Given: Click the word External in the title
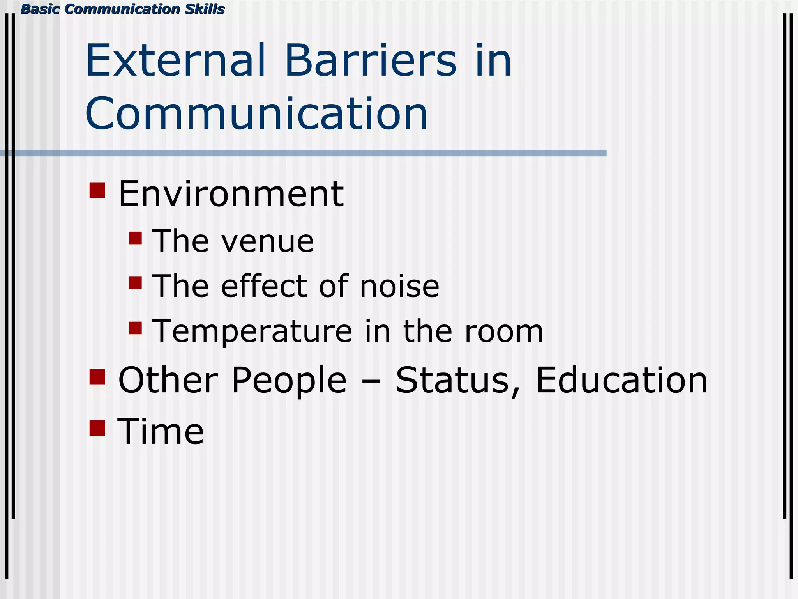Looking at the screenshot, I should [176, 61].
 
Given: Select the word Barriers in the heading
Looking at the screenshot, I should [371, 61].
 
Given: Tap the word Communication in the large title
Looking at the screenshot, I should [256, 114].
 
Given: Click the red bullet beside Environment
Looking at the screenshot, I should [97, 190].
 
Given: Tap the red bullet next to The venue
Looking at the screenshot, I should [135, 238].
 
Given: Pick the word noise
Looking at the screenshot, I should [399, 286].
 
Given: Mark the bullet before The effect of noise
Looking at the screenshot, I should [135, 283].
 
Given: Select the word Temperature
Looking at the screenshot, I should [252, 331].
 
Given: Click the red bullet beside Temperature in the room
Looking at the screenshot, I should [135, 328].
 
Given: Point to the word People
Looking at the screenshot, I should [288, 381].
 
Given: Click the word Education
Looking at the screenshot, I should [621, 380].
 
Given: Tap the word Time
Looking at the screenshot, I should [161, 431].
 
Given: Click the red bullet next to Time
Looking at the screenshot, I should [97, 428].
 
